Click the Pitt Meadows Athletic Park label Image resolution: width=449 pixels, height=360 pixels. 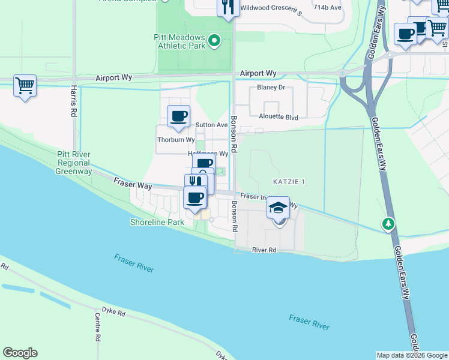[179, 41]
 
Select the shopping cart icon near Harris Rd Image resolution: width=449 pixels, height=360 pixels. [25, 86]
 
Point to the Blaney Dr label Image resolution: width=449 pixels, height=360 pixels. [271, 87]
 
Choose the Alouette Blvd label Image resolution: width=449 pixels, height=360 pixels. [279, 118]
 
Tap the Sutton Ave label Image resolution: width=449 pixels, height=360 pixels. [211, 125]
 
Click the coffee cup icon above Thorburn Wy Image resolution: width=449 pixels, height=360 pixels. [178, 116]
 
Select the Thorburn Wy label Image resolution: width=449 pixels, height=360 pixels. [176, 140]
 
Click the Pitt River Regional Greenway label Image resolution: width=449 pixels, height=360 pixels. [74, 163]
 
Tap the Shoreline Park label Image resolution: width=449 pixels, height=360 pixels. [157, 222]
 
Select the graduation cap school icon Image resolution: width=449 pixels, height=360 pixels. [278, 208]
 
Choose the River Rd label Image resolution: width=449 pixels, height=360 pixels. [264, 250]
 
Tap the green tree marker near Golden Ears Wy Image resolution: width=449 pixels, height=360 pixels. [389, 224]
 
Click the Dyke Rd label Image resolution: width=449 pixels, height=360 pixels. [113, 313]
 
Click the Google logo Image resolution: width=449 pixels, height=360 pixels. [20, 353]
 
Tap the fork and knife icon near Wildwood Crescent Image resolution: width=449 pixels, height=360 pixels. [228, 8]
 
